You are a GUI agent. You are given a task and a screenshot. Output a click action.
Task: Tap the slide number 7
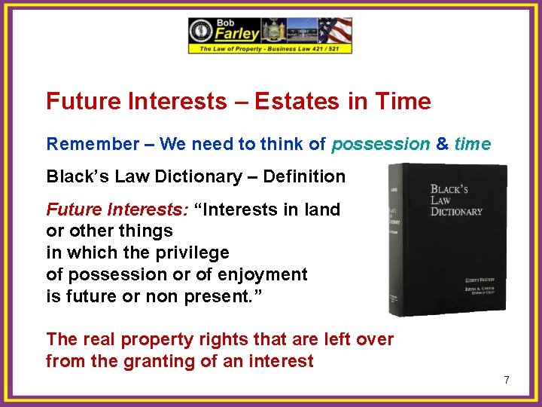coord(507,381)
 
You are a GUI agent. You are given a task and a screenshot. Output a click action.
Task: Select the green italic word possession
coord(380,144)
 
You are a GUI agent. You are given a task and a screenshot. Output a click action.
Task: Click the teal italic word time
coord(472,144)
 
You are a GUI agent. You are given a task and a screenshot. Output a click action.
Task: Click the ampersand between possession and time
coord(441,144)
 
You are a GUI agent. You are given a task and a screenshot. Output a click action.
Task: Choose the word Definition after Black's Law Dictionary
coord(302,177)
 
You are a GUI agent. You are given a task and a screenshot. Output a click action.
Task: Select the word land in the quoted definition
coord(323,210)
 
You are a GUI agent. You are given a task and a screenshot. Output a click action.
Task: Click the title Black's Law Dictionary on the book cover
coord(456,200)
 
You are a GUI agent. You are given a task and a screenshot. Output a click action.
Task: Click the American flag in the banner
coord(334,30)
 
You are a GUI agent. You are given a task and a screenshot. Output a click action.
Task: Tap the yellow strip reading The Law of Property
coord(269,48)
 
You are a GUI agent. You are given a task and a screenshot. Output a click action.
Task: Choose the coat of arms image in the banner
coord(272,30)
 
